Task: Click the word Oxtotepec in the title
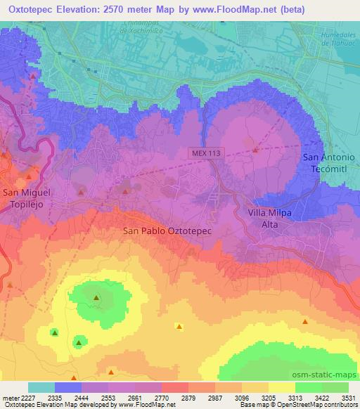coord(32,9)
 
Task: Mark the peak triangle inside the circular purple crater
coord(255,149)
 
